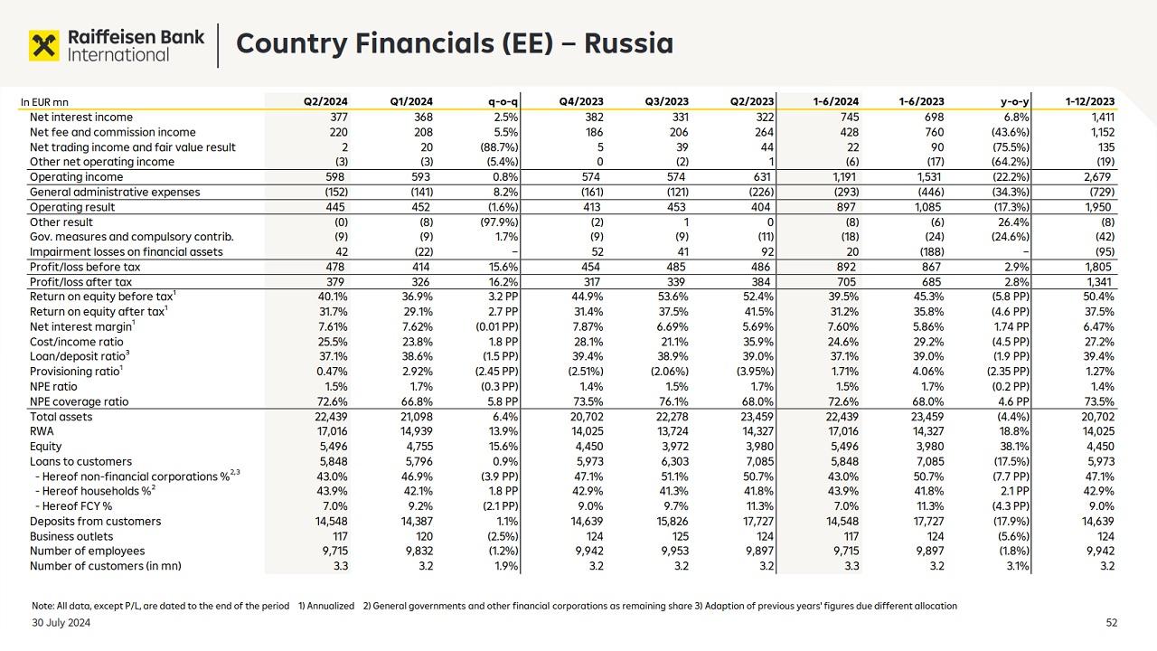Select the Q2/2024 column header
click(326, 102)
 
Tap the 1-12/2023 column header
click(1090, 102)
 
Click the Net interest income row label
click(81, 118)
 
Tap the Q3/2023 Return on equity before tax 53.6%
click(672, 297)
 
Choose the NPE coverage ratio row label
click(79, 401)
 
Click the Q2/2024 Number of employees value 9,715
click(332, 552)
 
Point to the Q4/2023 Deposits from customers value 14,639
click(587, 522)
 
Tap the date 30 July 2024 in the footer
click(61, 623)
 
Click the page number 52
click(1112, 623)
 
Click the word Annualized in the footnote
click(331, 606)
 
